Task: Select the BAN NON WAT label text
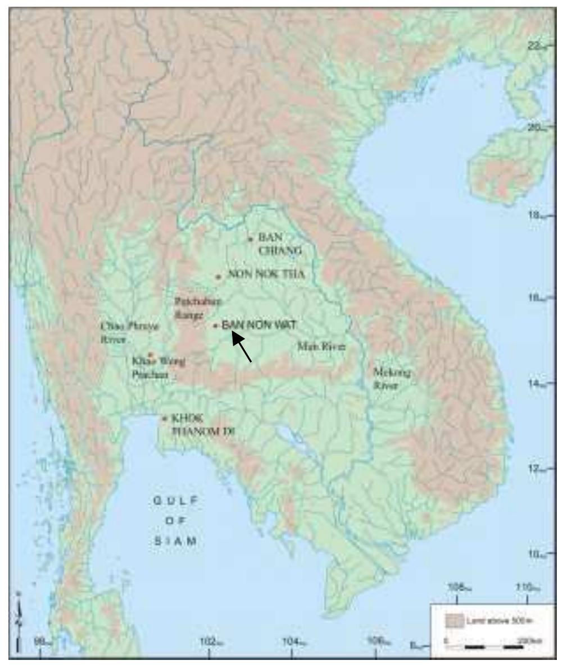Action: (258, 324)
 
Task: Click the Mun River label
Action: (320, 347)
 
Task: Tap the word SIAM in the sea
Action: (175, 541)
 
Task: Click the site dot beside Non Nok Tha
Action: (218, 277)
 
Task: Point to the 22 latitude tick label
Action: (536, 47)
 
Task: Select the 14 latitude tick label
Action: (535, 384)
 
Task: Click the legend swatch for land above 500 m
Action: (453, 621)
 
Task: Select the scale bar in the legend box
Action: (484, 646)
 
